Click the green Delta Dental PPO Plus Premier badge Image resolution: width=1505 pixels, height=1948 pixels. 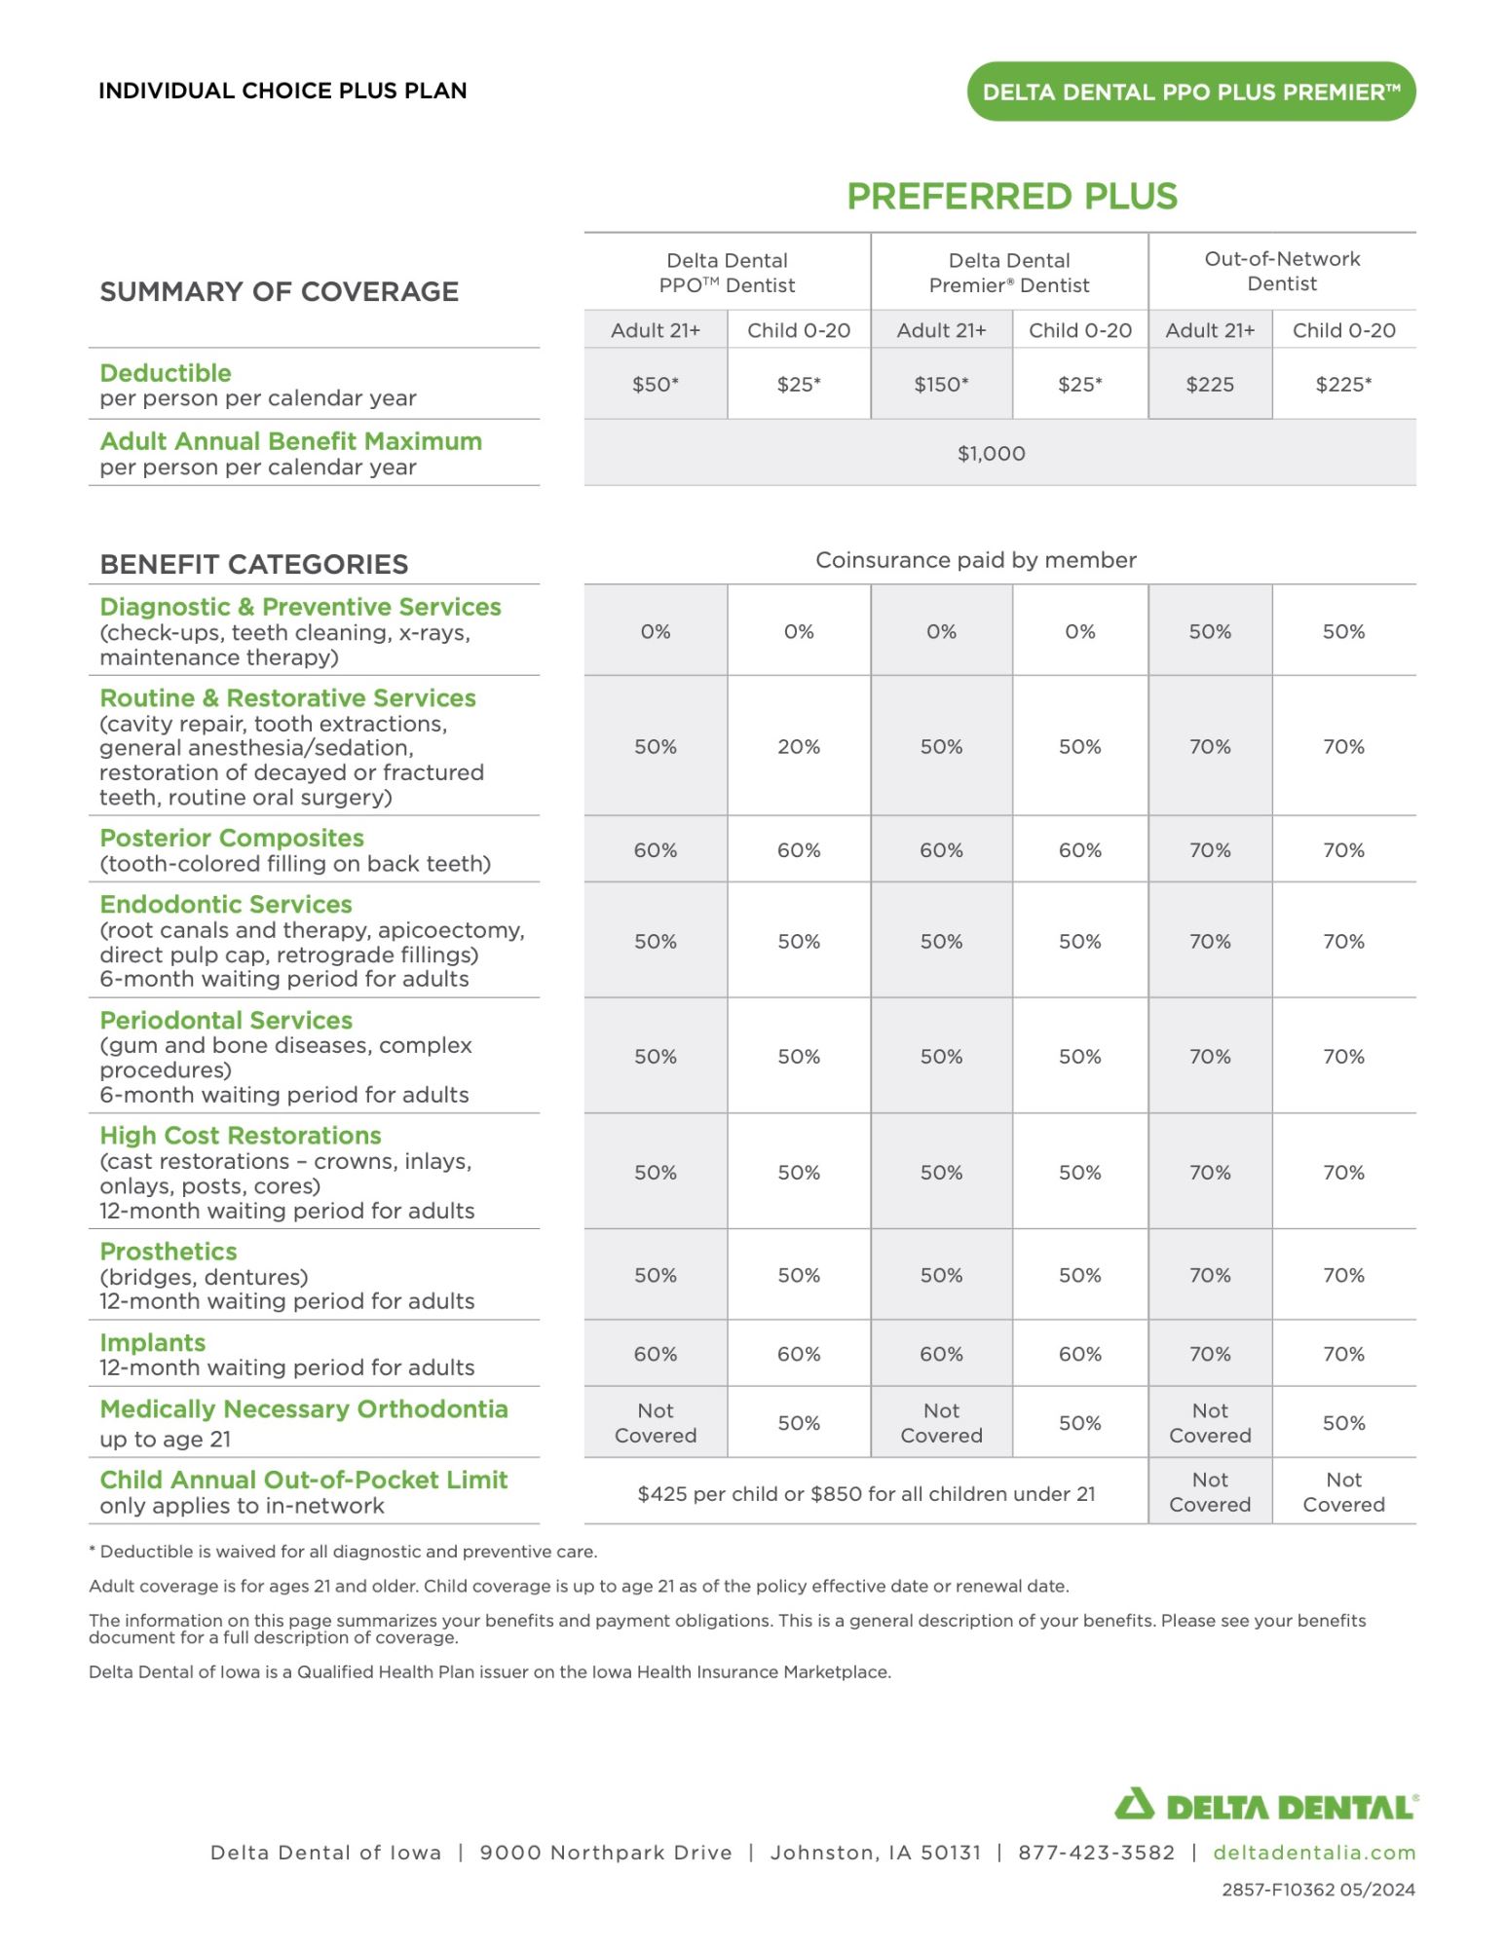click(x=1190, y=92)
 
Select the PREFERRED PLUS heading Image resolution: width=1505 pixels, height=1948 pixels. click(x=1011, y=197)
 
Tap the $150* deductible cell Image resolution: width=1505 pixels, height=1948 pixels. click(x=941, y=385)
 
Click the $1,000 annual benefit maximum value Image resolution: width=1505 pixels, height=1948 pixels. click(x=991, y=454)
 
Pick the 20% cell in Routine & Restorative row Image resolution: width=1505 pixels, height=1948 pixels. click(x=798, y=747)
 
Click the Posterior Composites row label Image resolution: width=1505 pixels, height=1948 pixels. click(x=232, y=839)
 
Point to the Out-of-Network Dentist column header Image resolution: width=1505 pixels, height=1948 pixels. click(x=1281, y=272)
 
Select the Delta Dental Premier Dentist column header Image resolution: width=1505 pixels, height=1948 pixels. click(x=1008, y=273)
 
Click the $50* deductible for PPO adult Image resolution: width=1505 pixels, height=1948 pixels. click(x=655, y=385)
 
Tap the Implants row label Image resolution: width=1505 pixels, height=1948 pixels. click(x=153, y=1343)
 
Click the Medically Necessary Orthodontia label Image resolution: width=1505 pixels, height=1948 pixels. click(x=303, y=1409)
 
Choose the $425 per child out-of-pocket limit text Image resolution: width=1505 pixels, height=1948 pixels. click(x=866, y=1494)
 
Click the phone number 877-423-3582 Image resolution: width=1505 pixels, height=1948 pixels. click(x=1096, y=1853)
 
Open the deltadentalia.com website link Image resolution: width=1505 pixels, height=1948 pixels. click(x=1313, y=1853)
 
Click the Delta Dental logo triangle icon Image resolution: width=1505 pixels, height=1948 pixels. click(x=1134, y=1805)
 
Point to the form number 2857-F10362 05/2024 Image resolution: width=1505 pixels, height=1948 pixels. click(x=1318, y=1890)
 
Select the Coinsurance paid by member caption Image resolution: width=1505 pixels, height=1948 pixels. click(x=975, y=560)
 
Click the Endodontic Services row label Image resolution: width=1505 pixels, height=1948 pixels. click(x=226, y=905)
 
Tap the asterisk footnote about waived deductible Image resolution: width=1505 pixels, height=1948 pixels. click(x=343, y=1552)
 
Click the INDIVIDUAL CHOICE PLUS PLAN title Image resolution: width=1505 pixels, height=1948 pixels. click(x=282, y=91)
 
